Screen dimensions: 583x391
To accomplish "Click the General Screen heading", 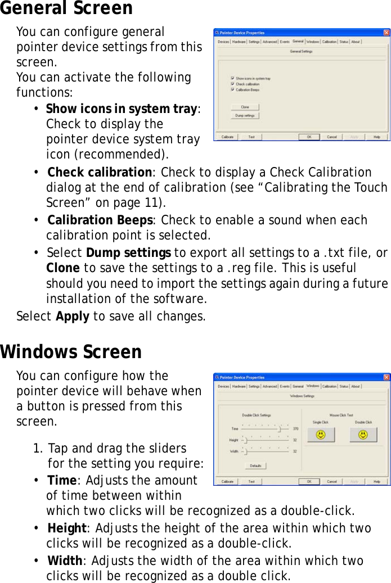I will [x=66, y=8].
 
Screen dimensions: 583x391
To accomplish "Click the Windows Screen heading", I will [x=71, y=352].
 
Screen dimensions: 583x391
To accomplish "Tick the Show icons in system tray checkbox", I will [x=233, y=79].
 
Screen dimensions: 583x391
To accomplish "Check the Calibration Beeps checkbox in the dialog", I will [x=233, y=89].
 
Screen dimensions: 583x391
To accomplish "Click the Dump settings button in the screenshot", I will [x=245, y=116].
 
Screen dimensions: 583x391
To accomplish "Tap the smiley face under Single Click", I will [x=321, y=435].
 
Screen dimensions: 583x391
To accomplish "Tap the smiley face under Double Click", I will [x=363, y=435].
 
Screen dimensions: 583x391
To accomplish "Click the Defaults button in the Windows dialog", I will [x=255, y=466].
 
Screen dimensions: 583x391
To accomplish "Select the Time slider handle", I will [x=280, y=429].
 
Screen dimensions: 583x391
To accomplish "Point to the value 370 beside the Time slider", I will [x=295, y=429].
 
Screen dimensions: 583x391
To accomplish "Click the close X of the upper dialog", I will [x=386, y=33].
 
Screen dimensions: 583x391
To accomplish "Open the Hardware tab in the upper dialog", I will [x=239, y=42].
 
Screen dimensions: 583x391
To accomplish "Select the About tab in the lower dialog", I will [x=356, y=386].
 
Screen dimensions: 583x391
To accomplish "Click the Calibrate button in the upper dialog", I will [x=227, y=137].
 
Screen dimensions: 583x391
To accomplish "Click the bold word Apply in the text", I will [x=72, y=316].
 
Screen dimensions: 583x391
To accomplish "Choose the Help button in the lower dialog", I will [x=376, y=481].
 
